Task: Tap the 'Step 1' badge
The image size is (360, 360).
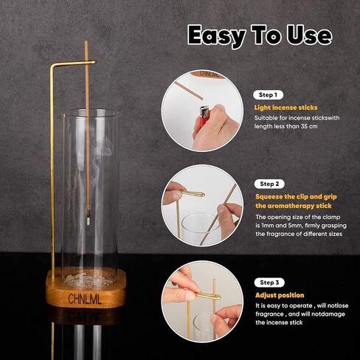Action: coord(267,95)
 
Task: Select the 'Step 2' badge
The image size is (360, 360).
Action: coord(271,184)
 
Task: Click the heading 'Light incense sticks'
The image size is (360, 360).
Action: coord(286,108)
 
